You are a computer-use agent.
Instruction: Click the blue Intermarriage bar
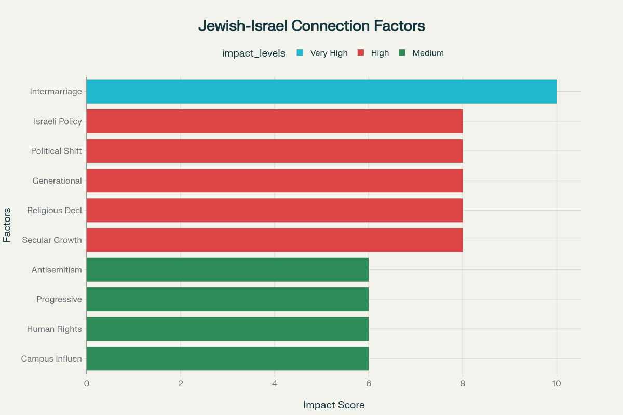[321, 92]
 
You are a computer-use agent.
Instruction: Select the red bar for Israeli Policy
[274, 121]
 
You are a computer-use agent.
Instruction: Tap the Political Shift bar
[274, 151]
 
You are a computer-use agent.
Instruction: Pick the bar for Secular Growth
[274, 240]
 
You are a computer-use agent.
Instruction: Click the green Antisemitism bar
[227, 270]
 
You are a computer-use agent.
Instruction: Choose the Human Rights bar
[227, 329]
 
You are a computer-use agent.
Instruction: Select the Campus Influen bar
[227, 358]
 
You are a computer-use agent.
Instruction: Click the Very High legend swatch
[300, 53]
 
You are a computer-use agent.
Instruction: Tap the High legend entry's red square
[361, 53]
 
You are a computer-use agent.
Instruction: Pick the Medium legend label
[428, 53]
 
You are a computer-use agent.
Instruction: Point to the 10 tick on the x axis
[557, 384]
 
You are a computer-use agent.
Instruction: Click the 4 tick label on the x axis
[275, 384]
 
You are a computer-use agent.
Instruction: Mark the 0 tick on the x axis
[87, 384]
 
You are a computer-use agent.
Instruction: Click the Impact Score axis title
[334, 405]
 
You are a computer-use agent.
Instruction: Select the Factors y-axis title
[7, 225]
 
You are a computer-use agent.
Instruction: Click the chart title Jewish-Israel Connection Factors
[311, 26]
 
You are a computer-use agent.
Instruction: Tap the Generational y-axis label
[57, 181]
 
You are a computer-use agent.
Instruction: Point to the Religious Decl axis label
[55, 211]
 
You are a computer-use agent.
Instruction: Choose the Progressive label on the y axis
[59, 299]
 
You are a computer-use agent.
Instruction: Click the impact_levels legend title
[253, 53]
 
